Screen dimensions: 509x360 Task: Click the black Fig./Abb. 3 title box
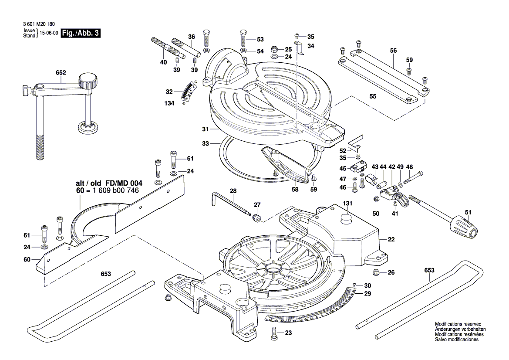pyautogui.click(x=81, y=33)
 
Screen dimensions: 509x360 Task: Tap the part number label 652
pyautogui.click(x=61, y=73)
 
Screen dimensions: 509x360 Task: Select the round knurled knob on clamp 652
pyautogui.click(x=88, y=81)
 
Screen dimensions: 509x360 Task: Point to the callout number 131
pyautogui.click(x=347, y=204)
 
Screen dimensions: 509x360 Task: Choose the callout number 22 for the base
pyautogui.click(x=391, y=239)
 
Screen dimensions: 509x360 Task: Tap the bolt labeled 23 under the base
pyautogui.click(x=274, y=334)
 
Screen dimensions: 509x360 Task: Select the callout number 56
pyautogui.click(x=394, y=51)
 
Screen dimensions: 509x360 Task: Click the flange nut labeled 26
pyautogui.click(x=377, y=272)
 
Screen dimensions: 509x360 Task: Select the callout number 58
pyautogui.click(x=295, y=189)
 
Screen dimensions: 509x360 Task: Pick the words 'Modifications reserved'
pyautogui.click(x=458, y=324)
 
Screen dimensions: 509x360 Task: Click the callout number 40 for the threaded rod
pyautogui.click(x=163, y=62)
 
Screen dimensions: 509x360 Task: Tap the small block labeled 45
pyautogui.click(x=357, y=168)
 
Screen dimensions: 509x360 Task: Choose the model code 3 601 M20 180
pyautogui.click(x=39, y=24)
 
